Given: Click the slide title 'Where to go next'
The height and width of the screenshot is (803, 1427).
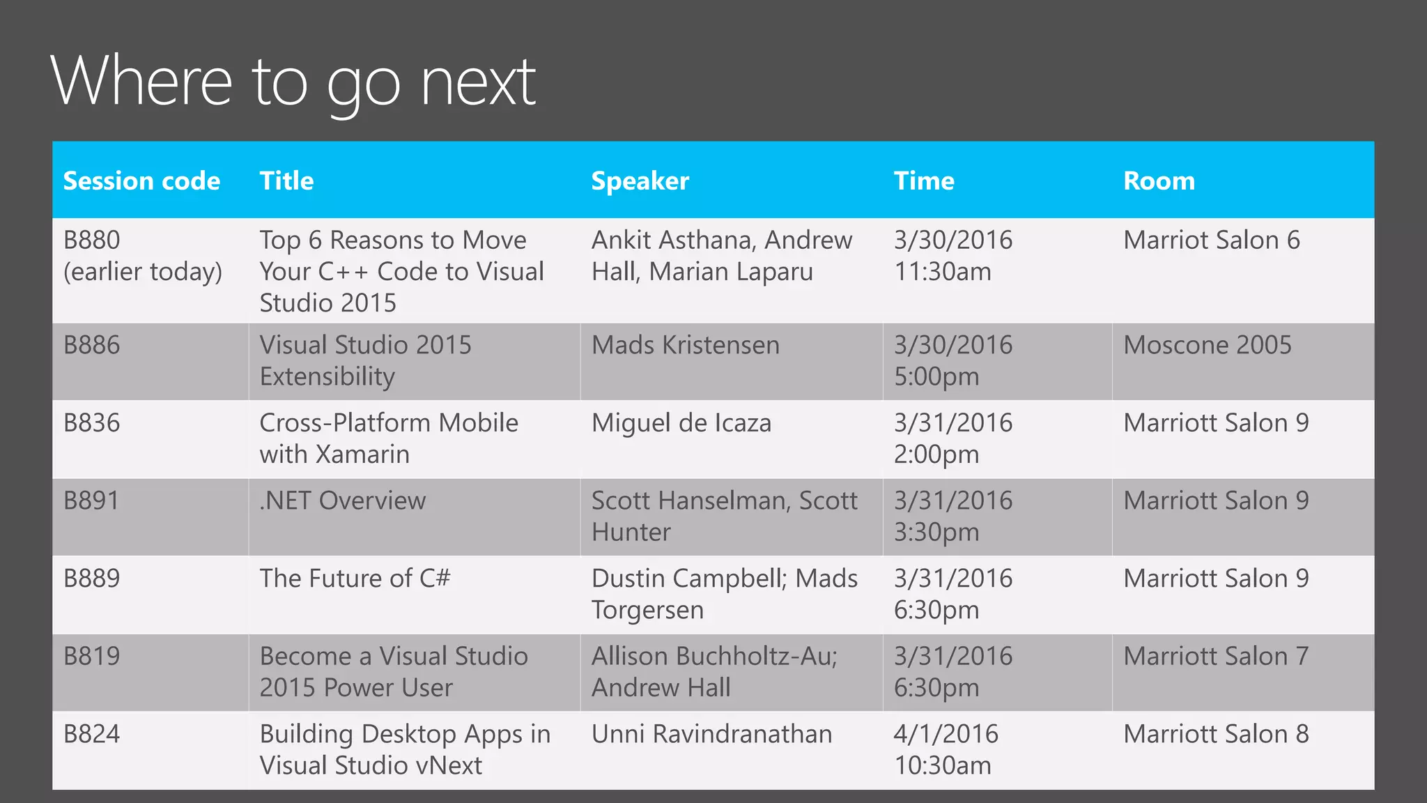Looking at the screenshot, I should tap(293, 82).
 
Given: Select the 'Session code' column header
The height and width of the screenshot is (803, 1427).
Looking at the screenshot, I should tap(141, 181).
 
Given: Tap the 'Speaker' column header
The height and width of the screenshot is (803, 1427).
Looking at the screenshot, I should tap(640, 181).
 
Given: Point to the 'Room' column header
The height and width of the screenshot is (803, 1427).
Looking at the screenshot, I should tap(1159, 181).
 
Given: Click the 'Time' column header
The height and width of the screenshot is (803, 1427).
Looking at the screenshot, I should tap(924, 181).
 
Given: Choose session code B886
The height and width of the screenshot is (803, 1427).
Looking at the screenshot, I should tap(92, 345).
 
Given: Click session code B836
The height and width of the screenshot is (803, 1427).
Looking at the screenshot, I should tap(92, 423).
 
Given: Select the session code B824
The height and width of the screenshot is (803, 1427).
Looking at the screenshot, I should tap(92, 734).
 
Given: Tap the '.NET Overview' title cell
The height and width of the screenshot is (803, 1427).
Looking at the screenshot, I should tap(342, 500).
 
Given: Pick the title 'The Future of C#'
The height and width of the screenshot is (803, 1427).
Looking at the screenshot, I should tap(355, 579).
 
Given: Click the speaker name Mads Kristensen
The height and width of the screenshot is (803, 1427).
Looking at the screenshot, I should tap(685, 345).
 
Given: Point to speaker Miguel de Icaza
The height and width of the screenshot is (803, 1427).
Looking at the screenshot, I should tap(681, 423).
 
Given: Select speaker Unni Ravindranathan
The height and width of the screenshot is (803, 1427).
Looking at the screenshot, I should tap(711, 734).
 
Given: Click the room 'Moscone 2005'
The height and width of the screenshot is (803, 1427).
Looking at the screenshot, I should tap(1207, 345).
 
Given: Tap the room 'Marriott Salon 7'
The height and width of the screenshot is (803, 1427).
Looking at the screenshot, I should tap(1216, 656).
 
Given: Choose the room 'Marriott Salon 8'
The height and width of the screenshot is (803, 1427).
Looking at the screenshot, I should tap(1216, 734).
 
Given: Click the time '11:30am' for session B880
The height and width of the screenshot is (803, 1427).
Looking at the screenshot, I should tap(942, 272).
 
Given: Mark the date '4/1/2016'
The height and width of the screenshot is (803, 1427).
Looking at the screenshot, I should tap(946, 734).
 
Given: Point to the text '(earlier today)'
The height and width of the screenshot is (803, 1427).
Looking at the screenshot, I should tap(143, 272).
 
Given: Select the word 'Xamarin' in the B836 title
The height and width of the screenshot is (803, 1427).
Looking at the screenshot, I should tap(362, 454).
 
